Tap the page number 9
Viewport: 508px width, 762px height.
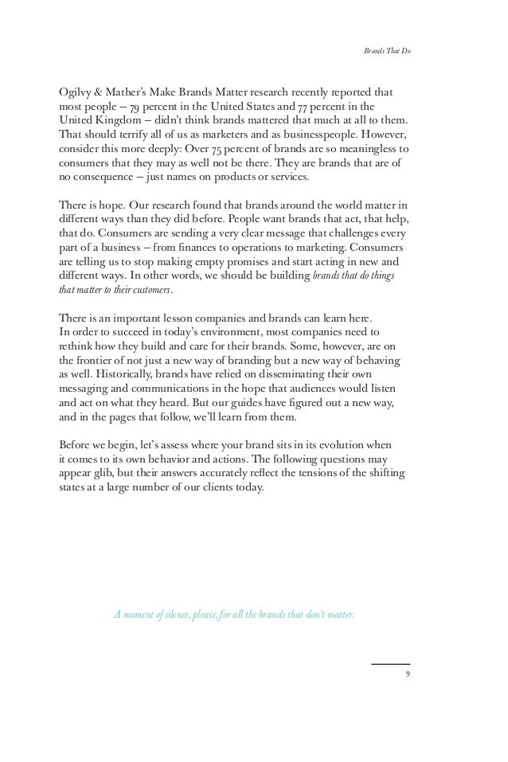[x=407, y=674]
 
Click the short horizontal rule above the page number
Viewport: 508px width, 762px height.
[x=390, y=664]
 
